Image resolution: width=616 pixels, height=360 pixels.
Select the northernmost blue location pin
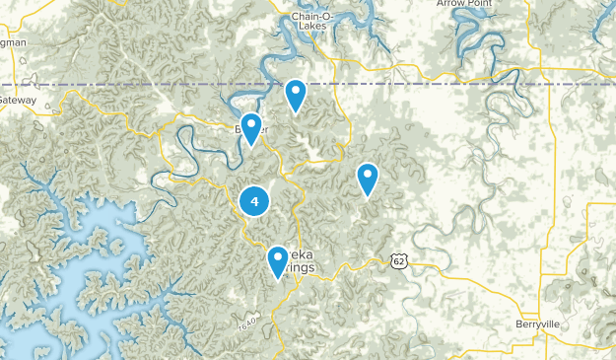point(295,95)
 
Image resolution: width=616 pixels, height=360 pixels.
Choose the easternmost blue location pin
point(368,179)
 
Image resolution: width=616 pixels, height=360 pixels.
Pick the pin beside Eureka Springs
point(278,261)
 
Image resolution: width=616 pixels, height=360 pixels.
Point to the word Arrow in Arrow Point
point(452,4)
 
